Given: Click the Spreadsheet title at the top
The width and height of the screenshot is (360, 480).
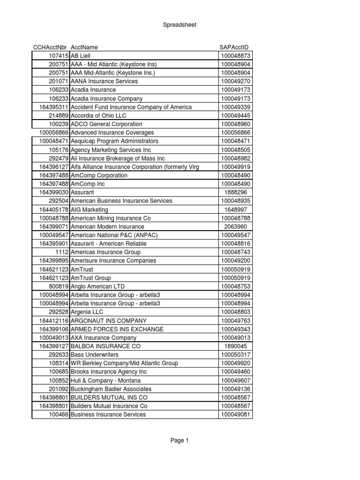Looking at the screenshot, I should (180, 25).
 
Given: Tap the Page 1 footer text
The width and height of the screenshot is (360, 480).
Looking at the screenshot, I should (180, 440).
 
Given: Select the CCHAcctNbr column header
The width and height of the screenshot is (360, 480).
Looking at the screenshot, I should (50, 47).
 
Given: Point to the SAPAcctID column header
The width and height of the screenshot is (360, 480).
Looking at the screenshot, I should (234, 47).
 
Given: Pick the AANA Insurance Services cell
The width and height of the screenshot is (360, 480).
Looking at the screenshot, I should (104, 81).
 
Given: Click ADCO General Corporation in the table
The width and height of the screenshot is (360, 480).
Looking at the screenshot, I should (106, 124).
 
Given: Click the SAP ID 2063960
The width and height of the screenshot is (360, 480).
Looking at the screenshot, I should (236, 226).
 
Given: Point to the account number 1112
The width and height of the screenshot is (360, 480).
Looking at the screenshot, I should (62, 252).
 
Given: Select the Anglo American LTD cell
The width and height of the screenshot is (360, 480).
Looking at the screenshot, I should (97, 286).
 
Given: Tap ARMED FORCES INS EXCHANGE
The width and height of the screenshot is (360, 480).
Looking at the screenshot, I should (117, 329).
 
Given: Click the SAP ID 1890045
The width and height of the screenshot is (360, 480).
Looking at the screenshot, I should (236, 346).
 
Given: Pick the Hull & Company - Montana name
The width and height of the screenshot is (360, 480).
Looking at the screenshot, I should (105, 381).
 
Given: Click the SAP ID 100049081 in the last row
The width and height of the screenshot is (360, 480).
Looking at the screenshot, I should (236, 414).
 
